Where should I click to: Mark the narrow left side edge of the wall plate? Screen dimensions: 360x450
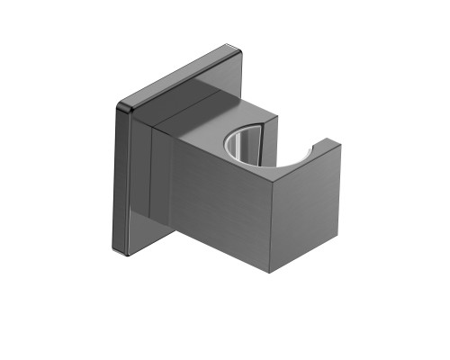coord(124,180)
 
